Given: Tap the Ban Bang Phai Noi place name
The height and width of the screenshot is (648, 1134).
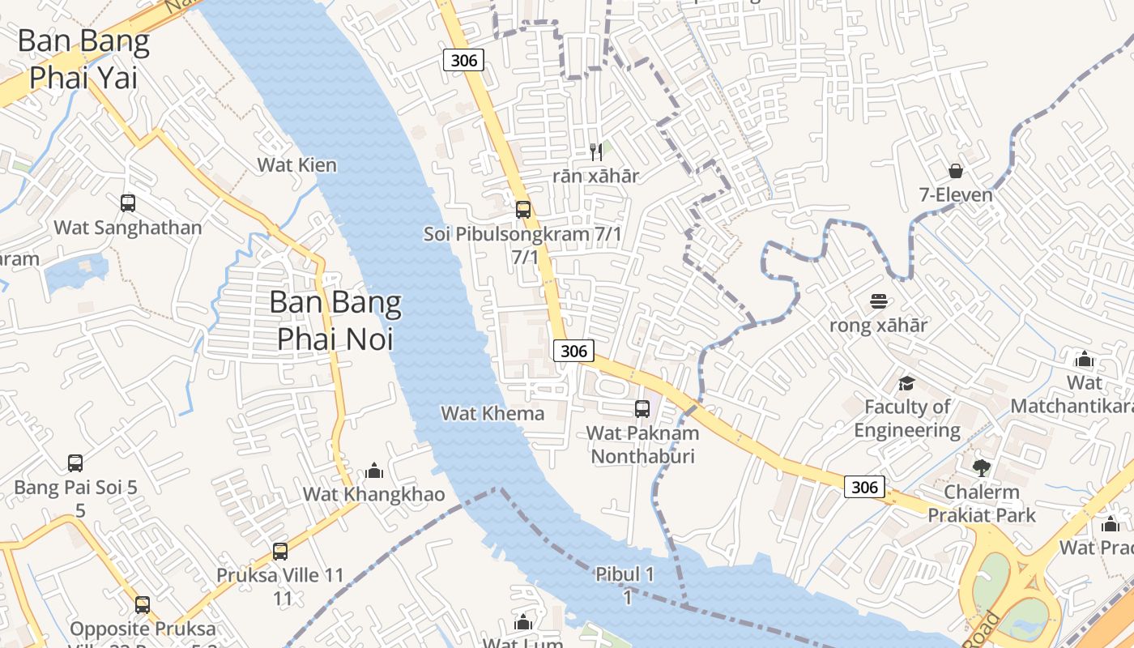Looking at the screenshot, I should [x=335, y=320].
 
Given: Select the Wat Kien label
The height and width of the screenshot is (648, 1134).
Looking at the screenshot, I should [x=296, y=164].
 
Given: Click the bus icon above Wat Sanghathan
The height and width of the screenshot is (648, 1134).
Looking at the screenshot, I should [x=128, y=202].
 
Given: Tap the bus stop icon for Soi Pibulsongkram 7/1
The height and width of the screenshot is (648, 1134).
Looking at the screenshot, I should [x=523, y=210].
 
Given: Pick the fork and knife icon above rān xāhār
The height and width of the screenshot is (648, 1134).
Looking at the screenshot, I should [x=596, y=151].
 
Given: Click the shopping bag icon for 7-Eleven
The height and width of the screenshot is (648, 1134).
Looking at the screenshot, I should [x=956, y=171].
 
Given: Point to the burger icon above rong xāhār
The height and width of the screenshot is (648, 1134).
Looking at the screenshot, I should [x=878, y=301].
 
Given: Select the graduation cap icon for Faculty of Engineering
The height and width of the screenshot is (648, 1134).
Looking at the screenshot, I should [x=906, y=382].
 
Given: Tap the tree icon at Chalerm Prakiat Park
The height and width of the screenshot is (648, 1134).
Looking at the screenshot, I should [x=981, y=467].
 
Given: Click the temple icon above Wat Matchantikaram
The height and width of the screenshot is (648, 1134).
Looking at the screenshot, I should [x=1084, y=359].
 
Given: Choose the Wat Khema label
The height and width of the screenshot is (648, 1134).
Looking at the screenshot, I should [x=492, y=413].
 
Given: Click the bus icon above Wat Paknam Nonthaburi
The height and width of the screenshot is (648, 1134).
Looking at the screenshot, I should [x=642, y=409].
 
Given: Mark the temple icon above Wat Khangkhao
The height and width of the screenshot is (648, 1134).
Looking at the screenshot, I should [x=374, y=470].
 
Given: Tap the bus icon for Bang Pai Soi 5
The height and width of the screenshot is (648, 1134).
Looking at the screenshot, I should [x=75, y=463].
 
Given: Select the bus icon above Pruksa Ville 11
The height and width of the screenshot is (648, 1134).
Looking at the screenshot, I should [x=280, y=552].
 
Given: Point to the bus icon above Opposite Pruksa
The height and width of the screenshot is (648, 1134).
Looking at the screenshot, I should [x=143, y=605].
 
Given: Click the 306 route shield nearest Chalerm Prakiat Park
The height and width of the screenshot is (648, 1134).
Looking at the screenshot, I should [x=864, y=487].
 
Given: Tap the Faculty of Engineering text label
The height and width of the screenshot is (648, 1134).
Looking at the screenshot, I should [x=907, y=418].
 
